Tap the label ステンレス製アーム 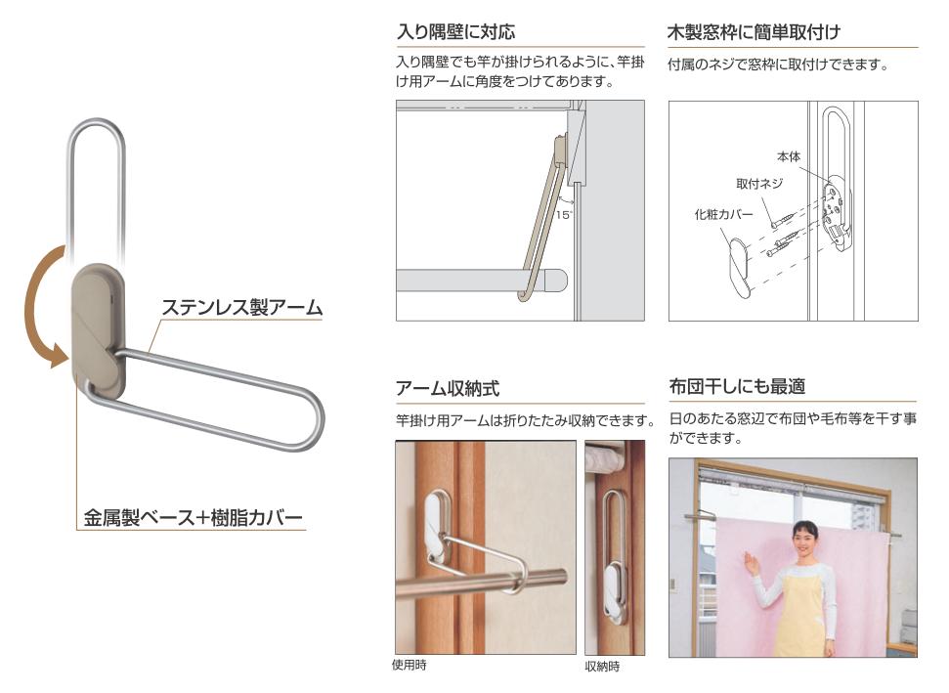[242, 308]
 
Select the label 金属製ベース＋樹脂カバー [193, 517]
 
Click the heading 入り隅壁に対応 [455, 31]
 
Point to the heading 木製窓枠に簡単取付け [754, 31]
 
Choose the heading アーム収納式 [448, 388]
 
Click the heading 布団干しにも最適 [737, 386]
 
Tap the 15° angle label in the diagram [564, 215]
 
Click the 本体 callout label [789, 156]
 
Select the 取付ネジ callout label [759, 184]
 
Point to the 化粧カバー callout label [724, 214]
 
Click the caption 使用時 [410, 665]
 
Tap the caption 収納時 [602, 667]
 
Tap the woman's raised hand [751, 566]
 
